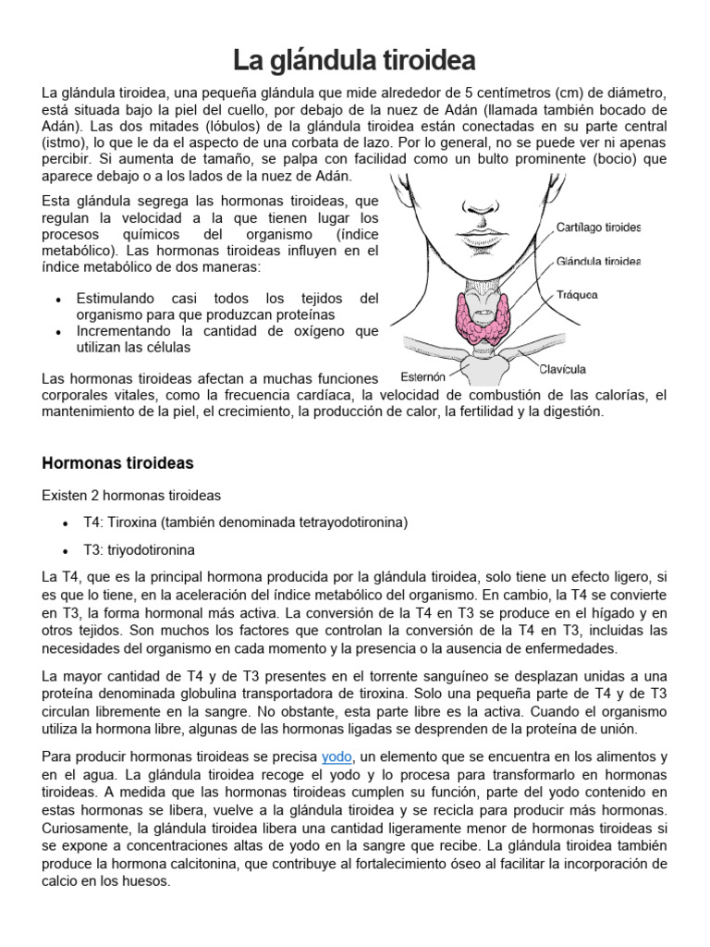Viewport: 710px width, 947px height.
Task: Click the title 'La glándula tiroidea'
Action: (354, 62)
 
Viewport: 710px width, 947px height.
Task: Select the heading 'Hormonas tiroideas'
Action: (117, 462)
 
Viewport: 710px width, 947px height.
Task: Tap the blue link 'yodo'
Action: (337, 756)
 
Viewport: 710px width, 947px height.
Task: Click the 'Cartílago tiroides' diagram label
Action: (598, 227)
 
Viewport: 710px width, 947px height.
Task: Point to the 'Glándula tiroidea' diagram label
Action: (598, 261)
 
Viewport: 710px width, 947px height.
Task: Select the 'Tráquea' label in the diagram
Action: (577, 295)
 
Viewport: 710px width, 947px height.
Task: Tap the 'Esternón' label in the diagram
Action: (422, 376)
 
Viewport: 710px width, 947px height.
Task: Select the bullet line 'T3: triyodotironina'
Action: (139, 549)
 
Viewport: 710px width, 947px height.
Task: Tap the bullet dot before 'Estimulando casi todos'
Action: (58, 301)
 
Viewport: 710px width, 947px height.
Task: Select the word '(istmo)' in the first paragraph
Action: (65, 142)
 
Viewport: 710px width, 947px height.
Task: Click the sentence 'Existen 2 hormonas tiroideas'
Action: (131, 496)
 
